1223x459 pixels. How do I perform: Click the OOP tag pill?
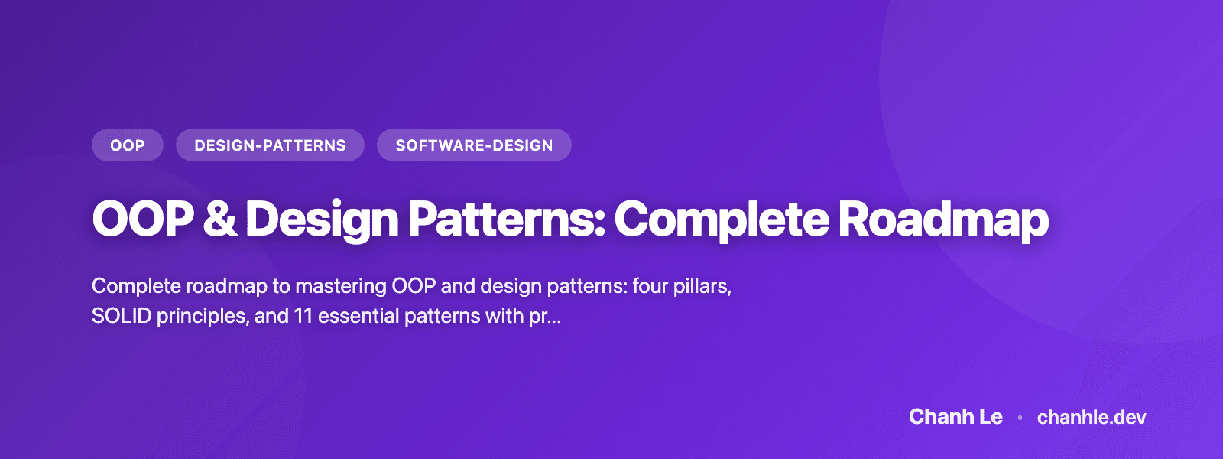pyautogui.click(x=128, y=145)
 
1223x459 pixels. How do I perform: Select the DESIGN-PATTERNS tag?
pyautogui.click(x=270, y=145)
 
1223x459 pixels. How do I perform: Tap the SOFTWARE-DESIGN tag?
pyautogui.click(x=474, y=145)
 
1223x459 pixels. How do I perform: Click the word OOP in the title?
pyautogui.click(x=143, y=220)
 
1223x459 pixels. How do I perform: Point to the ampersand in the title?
pyautogui.click(x=220, y=220)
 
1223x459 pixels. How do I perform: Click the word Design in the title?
pyautogui.click(x=322, y=220)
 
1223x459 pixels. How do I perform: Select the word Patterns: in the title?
pyautogui.click(x=506, y=220)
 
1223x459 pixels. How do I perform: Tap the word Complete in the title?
pyautogui.click(x=721, y=220)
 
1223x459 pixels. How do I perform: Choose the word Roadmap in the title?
pyautogui.click(x=943, y=220)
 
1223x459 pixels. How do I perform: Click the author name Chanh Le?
pyautogui.click(x=955, y=417)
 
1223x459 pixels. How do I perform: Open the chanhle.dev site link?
pyautogui.click(x=1092, y=417)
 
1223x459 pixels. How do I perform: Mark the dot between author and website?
pyautogui.click(x=1020, y=418)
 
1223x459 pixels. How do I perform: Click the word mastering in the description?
pyautogui.click(x=341, y=286)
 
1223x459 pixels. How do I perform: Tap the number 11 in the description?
pyautogui.click(x=303, y=316)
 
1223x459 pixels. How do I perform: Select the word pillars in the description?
pyautogui.click(x=702, y=286)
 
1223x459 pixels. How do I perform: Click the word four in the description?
pyautogui.click(x=650, y=286)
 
